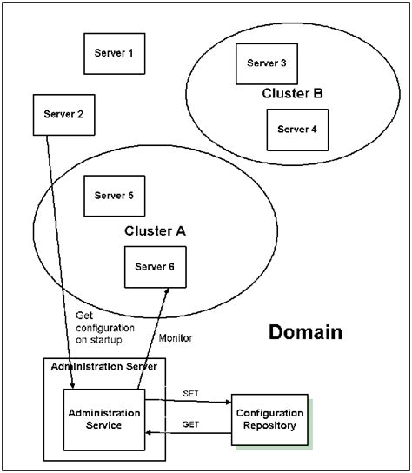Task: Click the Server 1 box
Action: click(114, 54)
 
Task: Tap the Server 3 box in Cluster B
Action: click(266, 63)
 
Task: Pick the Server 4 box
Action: click(297, 130)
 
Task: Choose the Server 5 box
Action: click(114, 196)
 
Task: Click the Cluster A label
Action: click(155, 231)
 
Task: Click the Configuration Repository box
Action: click(270, 420)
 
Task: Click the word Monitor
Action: click(175, 337)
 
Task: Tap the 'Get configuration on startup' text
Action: click(105, 328)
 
